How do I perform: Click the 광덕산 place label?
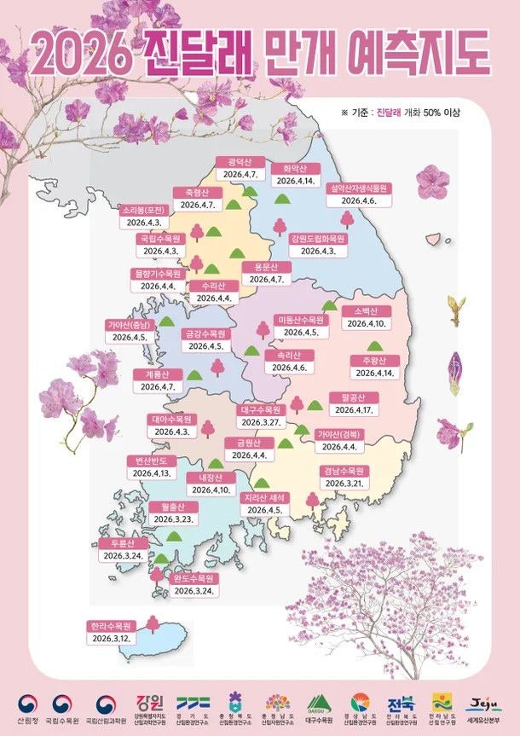point(231,161)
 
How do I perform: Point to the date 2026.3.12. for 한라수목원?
point(111,638)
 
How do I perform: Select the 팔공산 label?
point(351,397)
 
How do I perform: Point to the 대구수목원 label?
point(261,409)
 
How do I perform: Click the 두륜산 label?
point(117,543)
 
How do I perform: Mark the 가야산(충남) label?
point(129,325)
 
